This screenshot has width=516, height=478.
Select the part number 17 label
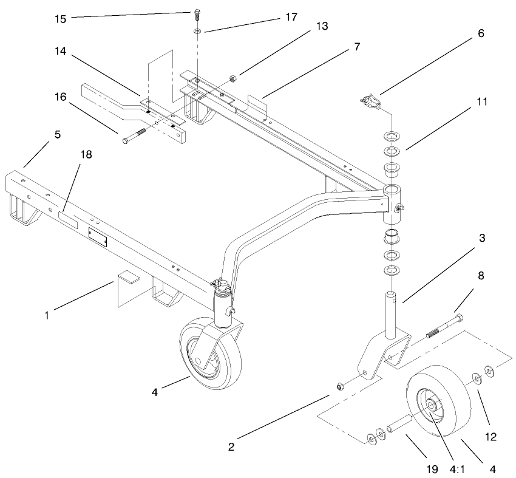pos(291,17)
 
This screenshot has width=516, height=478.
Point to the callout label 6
pos(480,34)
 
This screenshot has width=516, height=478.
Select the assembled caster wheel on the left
pos(210,352)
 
